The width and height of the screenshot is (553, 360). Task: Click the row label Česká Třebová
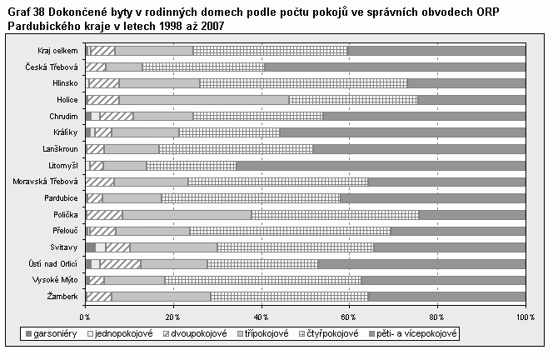pos(52,67)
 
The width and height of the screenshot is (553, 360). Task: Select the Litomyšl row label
pos(61,165)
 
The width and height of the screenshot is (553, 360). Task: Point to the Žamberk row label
pos(62,296)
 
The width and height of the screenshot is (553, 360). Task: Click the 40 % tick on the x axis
pos(262,317)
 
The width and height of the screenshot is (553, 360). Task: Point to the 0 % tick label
pos(84,317)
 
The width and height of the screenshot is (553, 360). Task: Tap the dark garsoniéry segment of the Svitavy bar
pos(90,247)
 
